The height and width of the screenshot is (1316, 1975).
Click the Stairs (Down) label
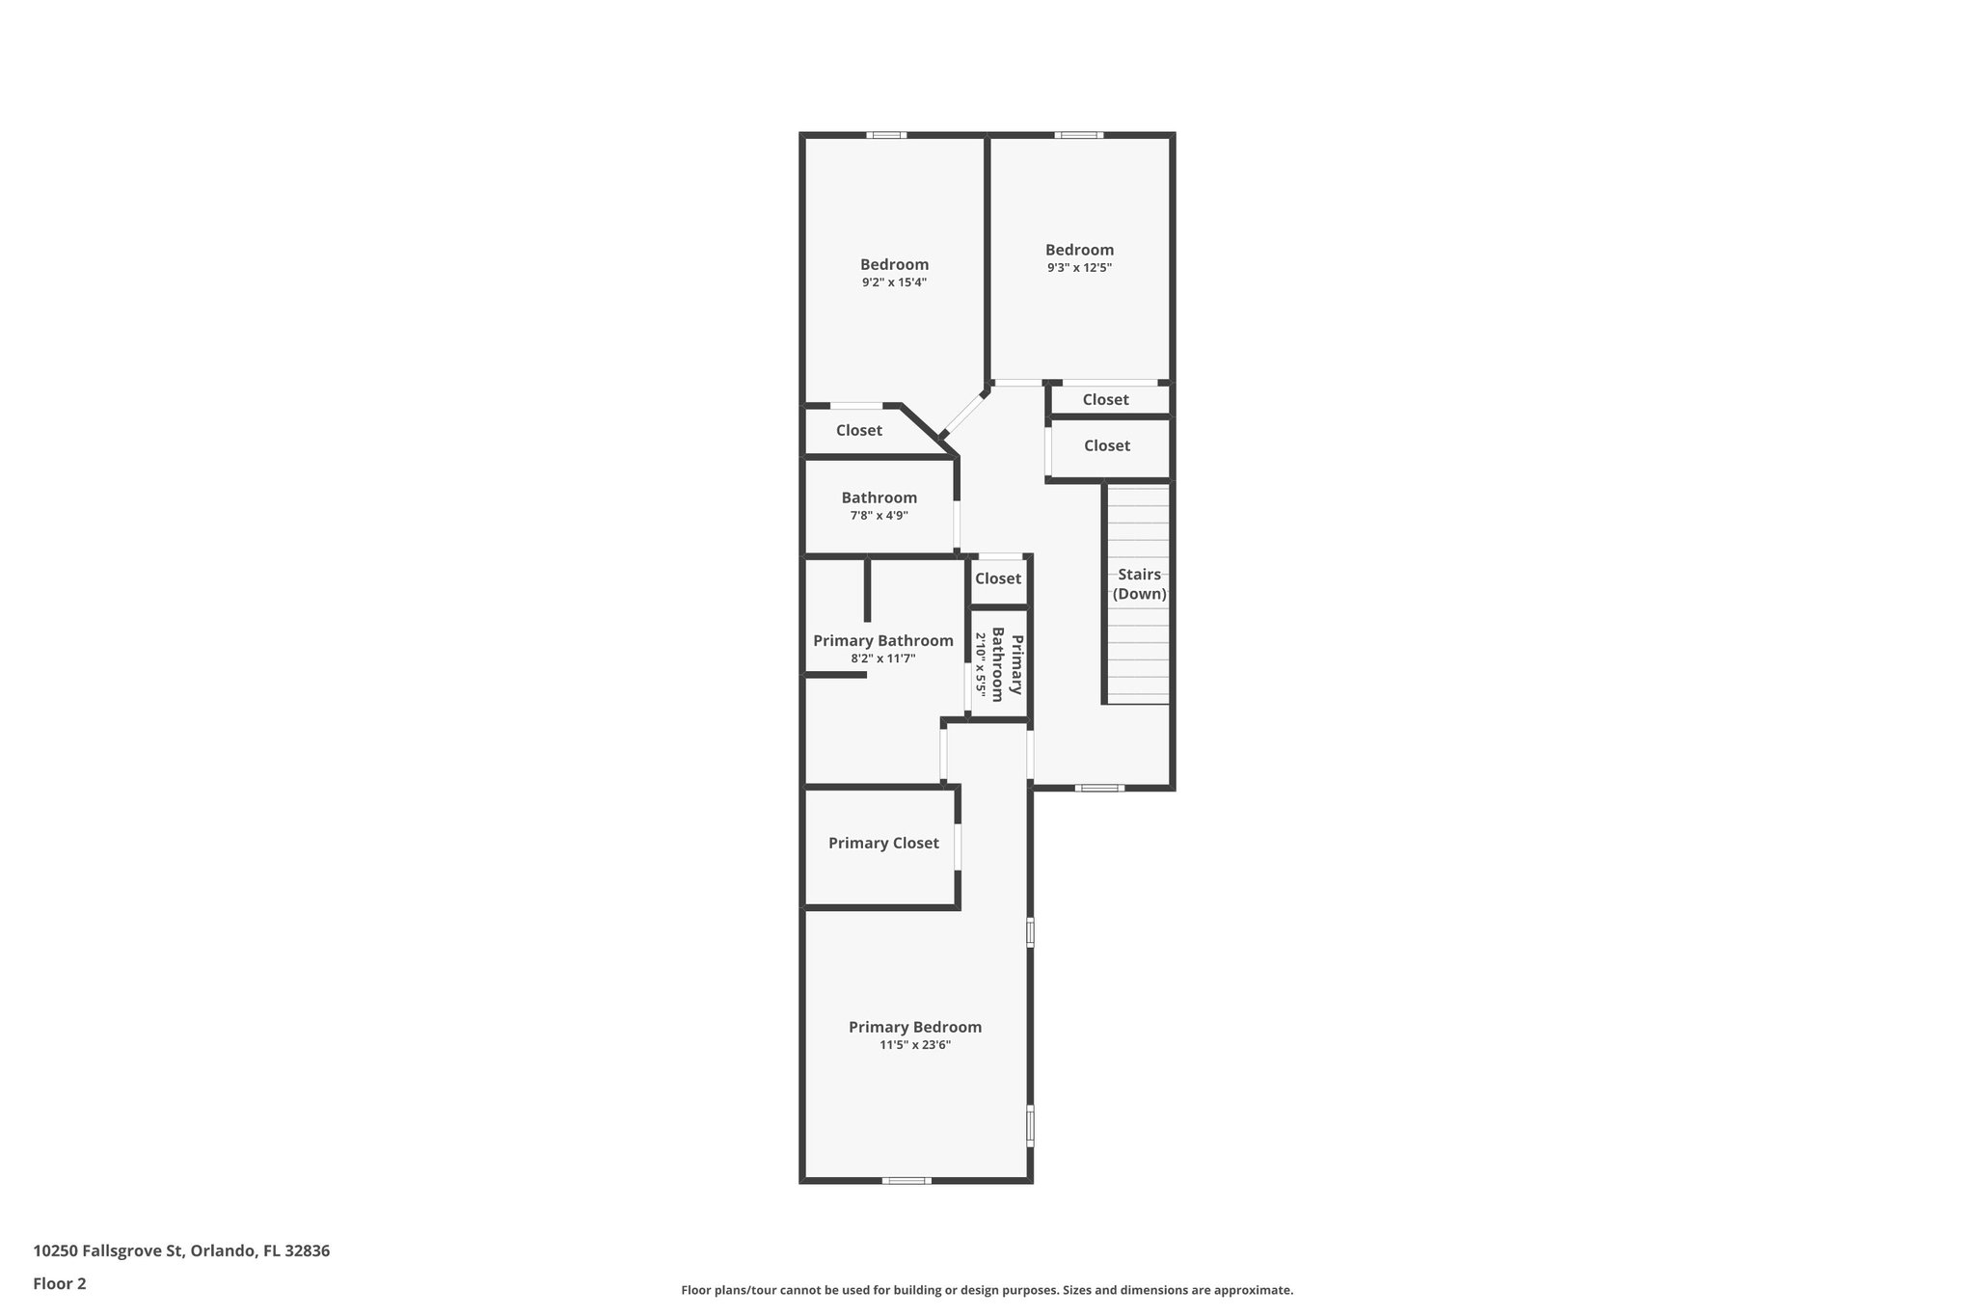(1139, 584)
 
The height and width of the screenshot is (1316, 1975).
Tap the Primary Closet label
(883, 843)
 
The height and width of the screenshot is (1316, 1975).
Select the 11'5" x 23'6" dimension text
(915, 1044)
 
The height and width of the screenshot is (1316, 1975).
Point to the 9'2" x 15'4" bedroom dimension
(894, 282)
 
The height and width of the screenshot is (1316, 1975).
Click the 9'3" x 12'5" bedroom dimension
(1079, 268)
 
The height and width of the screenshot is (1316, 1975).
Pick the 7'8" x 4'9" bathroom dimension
(879, 516)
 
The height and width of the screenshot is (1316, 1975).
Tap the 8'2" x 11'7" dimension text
(882, 658)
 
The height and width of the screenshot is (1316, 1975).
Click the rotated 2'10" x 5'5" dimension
(981, 665)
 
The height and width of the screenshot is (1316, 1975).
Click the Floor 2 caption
(60, 1283)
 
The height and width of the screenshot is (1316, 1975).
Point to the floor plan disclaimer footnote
(987, 1290)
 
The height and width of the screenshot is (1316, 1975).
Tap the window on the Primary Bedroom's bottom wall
(906, 1180)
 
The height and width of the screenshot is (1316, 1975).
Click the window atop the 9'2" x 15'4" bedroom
(885, 135)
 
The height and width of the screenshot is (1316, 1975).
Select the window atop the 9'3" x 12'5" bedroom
(1078, 135)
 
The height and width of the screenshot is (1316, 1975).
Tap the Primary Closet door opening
(958, 847)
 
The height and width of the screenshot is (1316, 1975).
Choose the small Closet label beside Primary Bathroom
(997, 578)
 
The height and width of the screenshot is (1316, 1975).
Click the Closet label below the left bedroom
(858, 430)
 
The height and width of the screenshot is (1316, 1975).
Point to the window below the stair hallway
(1099, 788)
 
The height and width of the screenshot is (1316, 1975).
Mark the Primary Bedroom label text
(915, 1027)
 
